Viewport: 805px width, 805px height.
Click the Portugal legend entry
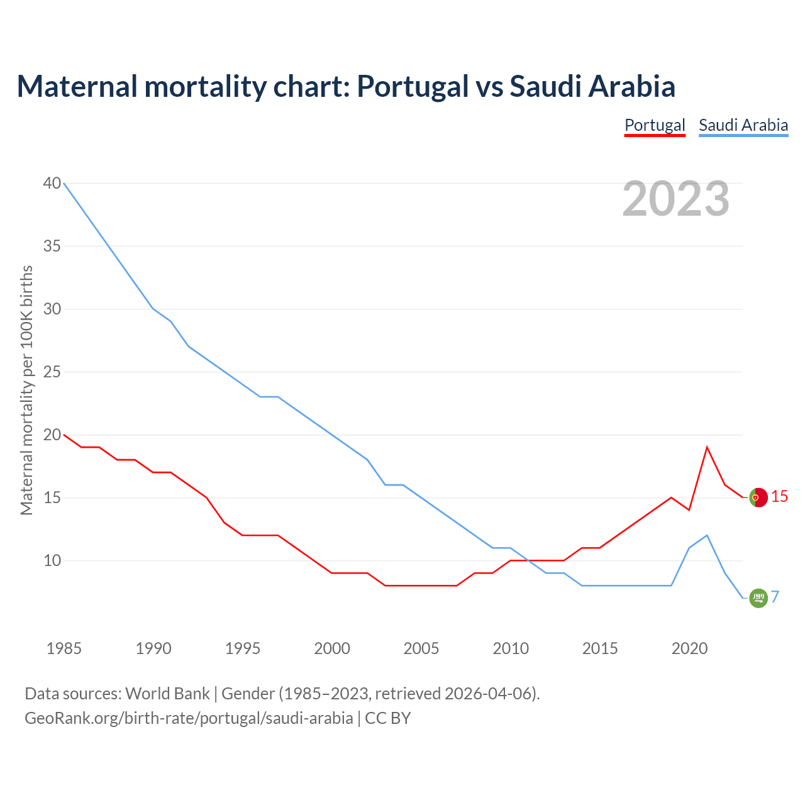coord(655,125)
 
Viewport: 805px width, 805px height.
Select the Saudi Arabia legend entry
coord(743,125)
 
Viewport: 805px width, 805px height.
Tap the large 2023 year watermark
coord(675,199)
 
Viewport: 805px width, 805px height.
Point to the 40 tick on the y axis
coord(52,183)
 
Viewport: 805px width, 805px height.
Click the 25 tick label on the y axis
coord(52,372)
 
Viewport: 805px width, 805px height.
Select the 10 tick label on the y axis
coord(52,560)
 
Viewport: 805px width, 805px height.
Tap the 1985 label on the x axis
coord(64,648)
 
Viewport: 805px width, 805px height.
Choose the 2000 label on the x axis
coord(332,648)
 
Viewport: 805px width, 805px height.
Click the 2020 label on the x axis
coord(689,648)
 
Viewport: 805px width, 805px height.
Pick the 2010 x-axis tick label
coord(511,648)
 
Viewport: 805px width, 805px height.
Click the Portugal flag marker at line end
coord(758,497)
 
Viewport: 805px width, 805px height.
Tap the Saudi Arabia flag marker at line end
coord(758,598)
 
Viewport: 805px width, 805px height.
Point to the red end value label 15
coord(779,497)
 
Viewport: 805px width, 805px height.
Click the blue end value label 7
coord(775,597)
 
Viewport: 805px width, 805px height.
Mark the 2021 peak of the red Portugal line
coord(707,447)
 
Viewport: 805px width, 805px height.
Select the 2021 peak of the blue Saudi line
coord(707,535)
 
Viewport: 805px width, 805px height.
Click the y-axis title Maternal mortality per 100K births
coord(26,390)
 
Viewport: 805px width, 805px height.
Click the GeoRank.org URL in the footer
coord(189,718)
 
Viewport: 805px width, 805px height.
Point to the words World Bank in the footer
coord(167,694)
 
